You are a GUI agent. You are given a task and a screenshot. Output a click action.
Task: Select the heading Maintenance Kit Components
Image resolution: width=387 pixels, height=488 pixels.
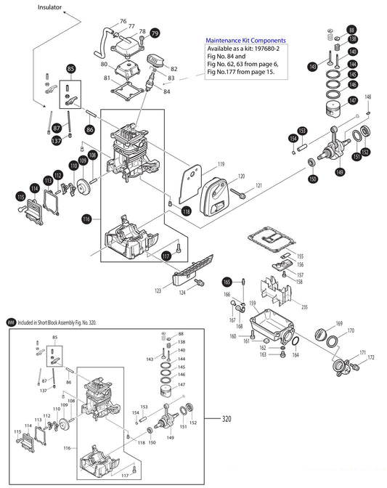[245, 40]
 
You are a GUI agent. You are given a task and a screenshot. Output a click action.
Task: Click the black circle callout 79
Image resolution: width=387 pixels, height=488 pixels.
[155, 33]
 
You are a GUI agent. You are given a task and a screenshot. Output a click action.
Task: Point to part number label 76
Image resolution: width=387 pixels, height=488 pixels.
[122, 21]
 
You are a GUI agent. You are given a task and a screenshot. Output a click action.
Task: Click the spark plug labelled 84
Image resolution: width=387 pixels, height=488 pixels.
[153, 76]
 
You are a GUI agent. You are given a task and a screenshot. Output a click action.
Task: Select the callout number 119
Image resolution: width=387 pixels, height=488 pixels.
[221, 164]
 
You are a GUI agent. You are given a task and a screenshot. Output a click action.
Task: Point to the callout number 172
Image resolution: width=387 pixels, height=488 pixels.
[370, 357]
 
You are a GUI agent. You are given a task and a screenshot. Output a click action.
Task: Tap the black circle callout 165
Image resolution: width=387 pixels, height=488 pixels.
[226, 280]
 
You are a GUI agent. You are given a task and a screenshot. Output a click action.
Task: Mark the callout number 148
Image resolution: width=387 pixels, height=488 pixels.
[367, 97]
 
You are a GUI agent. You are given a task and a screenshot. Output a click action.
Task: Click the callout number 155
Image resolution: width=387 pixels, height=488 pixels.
[300, 256]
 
